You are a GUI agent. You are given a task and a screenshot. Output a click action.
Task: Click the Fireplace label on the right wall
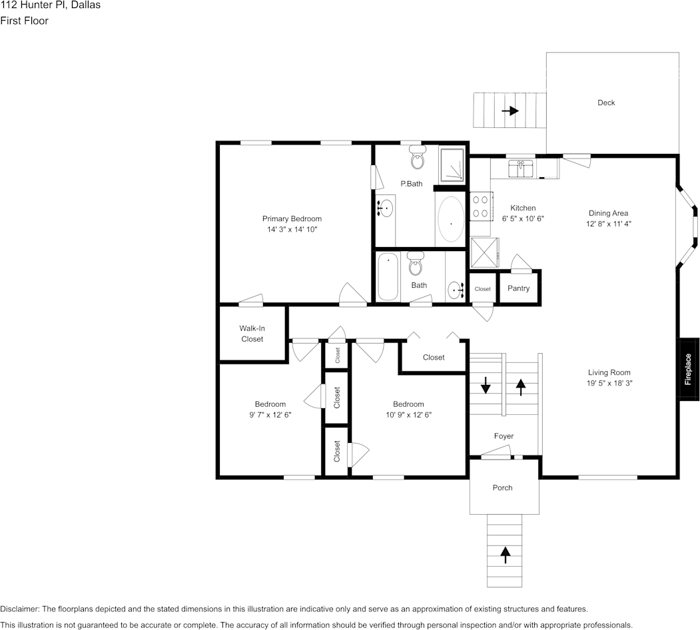pyautogui.click(x=689, y=369)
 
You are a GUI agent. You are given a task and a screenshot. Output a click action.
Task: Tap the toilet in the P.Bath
pyautogui.click(x=418, y=160)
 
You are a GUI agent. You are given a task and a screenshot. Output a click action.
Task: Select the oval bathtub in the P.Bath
pyautogui.click(x=451, y=220)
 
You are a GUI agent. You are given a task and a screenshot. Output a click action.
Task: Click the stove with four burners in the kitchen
pyautogui.click(x=480, y=206)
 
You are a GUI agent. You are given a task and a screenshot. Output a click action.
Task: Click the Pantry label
pyautogui.click(x=518, y=288)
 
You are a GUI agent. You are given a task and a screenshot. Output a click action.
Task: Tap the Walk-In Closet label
pyautogui.click(x=252, y=334)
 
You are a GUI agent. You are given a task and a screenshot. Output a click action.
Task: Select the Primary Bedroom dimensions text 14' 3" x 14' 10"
pyautogui.click(x=292, y=230)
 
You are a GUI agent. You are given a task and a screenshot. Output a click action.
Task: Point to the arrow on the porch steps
pyautogui.click(x=505, y=551)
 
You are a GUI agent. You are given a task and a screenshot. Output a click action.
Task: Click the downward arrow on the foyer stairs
pyautogui.click(x=486, y=384)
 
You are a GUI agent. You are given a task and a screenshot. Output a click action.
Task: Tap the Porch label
pyautogui.click(x=502, y=487)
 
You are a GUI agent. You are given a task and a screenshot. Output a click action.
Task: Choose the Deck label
pyautogui.click(x=606, y=103)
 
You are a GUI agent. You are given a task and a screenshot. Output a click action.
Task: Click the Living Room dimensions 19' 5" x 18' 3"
pyautogui.click(x=609, y=384)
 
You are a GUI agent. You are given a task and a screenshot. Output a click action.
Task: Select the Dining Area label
pyautogui.click(x=608, y=214)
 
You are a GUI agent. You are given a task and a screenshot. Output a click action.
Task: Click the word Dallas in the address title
pyautogui.click(x=87, y=5)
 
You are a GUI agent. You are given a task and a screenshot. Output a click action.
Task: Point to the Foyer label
pyautogui.click(x=504, y=436)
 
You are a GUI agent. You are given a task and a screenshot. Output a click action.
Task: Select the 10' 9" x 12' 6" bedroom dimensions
pyautogui.click(x=408, y=415)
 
